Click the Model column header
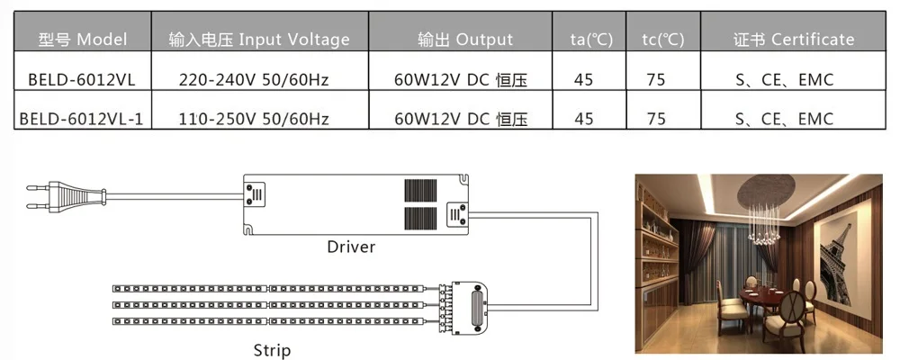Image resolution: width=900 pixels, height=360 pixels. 83,39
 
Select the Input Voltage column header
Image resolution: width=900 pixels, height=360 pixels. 259,39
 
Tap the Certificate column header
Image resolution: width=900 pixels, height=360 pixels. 794,39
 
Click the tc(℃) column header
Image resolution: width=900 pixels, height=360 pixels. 663,40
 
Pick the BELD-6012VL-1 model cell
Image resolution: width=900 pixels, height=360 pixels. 82,119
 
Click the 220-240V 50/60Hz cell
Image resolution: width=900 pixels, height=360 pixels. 254,80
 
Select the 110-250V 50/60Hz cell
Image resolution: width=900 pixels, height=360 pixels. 254,119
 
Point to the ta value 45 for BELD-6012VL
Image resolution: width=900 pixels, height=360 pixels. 583,80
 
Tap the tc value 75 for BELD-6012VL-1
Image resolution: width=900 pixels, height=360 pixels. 655,119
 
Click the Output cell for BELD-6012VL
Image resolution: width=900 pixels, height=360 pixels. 461,80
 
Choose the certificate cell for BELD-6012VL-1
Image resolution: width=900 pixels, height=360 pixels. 784,119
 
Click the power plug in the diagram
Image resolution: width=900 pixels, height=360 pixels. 66,195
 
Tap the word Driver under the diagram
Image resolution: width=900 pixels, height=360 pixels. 351,247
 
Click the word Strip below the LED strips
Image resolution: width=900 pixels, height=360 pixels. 272,350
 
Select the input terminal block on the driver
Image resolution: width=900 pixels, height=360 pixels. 255,194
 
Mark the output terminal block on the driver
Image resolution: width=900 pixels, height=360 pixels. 457,215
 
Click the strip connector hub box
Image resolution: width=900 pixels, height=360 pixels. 470,308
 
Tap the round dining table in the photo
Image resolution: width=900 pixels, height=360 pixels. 763,297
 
